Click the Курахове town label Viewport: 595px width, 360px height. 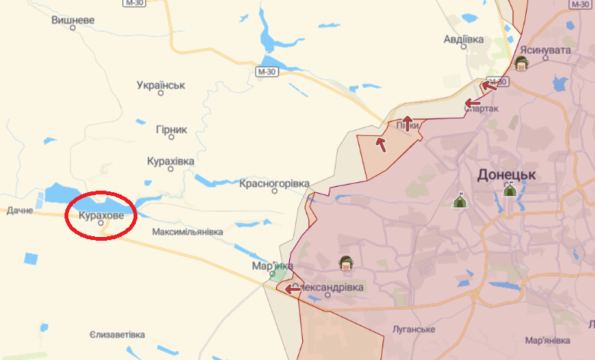(100, 215)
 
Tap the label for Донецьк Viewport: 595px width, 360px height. (507, 175)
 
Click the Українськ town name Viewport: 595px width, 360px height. (161, 85)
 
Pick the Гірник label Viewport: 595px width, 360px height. (171, 129)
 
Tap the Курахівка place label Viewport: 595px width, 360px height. (170, 162)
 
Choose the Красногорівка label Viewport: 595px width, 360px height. (274, 184)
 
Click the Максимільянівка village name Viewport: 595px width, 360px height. (187, 231)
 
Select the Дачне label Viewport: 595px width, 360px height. (20, 210)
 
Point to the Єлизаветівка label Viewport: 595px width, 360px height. (116, 335)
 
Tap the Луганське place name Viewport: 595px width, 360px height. (414, 330)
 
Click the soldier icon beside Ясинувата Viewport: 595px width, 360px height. (521, 63)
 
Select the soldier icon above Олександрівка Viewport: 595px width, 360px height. (345, 264)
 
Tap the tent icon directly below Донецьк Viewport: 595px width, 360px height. (509, 190)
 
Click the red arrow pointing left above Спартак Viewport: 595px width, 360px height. (473, 103)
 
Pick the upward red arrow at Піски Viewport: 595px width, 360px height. (408, 123)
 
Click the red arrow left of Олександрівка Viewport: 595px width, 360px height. (293, 289)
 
